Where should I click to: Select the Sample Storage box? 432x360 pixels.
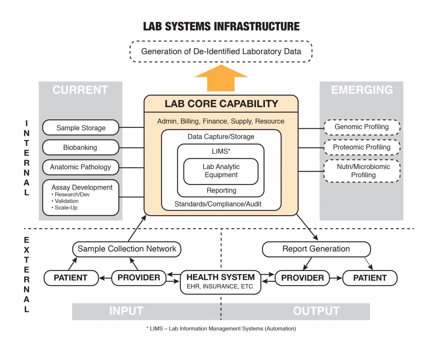click(81, 127)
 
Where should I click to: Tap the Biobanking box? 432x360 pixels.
click(81, 147)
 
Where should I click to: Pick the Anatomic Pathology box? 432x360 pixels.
click(81, 167)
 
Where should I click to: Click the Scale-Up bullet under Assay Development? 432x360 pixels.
click(67, 208)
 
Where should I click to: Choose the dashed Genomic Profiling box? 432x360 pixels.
click(362, 127)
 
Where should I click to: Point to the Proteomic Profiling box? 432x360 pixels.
click(362, 147)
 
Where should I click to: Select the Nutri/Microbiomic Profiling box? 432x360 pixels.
click(362, 171)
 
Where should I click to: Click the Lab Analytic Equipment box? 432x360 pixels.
click(221, 171)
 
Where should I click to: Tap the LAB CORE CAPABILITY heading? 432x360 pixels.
click(221, 104)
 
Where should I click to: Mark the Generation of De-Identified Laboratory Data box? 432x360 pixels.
click(221, 52)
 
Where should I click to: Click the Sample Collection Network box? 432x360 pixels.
click(127, 249)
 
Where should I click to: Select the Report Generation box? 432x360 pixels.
click(316, 249)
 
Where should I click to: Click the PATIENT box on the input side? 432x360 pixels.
click(70, 278)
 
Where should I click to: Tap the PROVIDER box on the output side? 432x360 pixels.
click(302, 278)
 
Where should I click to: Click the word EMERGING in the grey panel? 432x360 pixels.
click(362, 90)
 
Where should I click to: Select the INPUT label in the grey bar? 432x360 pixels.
click(126, 311)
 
